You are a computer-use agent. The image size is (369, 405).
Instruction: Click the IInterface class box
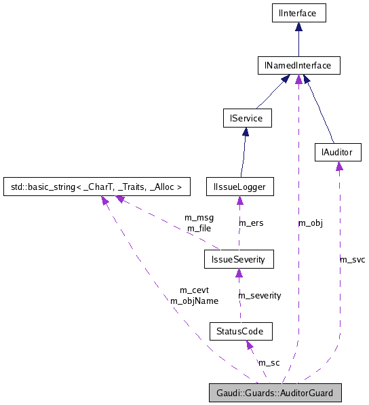point(298,12)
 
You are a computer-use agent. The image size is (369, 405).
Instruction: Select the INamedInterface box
point(298,66)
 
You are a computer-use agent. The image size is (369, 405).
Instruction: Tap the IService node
point(247,119)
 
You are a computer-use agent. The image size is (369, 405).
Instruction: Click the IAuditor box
point(338,153)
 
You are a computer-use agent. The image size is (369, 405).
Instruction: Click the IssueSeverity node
point(239,258)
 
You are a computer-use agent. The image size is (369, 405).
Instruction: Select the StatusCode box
point(241,332)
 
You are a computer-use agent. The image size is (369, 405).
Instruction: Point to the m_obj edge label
point(310,223)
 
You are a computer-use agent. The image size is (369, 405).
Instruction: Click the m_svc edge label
point(352,259)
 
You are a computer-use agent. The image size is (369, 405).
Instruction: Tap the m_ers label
point(250,223)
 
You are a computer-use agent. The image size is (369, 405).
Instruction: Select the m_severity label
point(259,295)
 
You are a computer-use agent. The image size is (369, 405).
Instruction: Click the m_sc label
point(269,363)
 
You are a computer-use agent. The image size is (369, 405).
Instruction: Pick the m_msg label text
point(199,218)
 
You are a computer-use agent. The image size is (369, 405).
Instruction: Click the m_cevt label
point(194,290)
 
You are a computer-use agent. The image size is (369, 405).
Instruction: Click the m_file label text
point(198,229)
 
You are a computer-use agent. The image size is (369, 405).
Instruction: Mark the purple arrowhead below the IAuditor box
point(338,166)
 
